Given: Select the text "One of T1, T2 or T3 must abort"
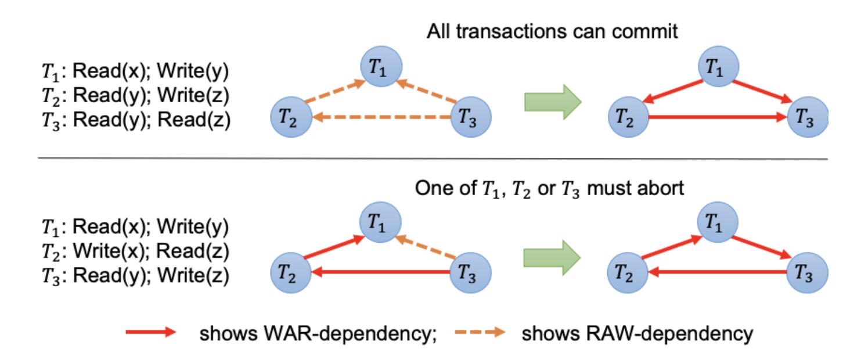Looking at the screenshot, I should click(549, 189).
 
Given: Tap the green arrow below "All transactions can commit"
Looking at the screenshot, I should click(552, 103).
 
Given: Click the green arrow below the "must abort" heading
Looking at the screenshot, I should click(552, 257).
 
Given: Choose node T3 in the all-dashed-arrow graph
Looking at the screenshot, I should click(471, 118).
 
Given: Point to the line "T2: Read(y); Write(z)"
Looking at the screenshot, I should click(134, 95).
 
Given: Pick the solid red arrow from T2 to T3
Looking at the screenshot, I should click(718, 118).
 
